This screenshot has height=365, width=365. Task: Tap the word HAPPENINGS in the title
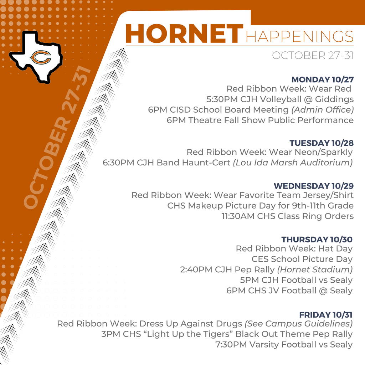coord(299,36)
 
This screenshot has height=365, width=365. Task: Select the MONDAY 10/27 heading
coord(322,79)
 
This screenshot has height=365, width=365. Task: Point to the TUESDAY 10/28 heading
coord(321,143)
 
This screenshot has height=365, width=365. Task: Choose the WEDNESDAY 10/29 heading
coord(313,186)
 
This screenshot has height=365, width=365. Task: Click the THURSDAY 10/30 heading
coord(317,239)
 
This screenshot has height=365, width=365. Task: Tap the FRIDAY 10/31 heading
coord(325,315)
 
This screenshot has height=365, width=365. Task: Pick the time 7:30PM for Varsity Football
coord(231,345)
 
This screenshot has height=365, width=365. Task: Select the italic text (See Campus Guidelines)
coord(298,324)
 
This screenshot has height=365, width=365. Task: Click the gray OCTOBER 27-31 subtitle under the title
coord(312,56)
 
